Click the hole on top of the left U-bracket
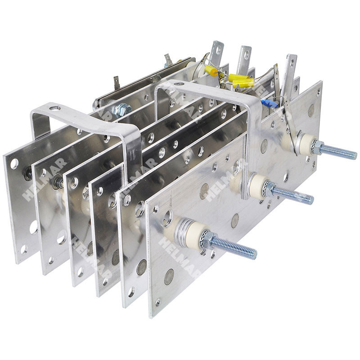pos(54,108)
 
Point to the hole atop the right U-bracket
pos(179,84)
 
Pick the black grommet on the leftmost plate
pos(28,171)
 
